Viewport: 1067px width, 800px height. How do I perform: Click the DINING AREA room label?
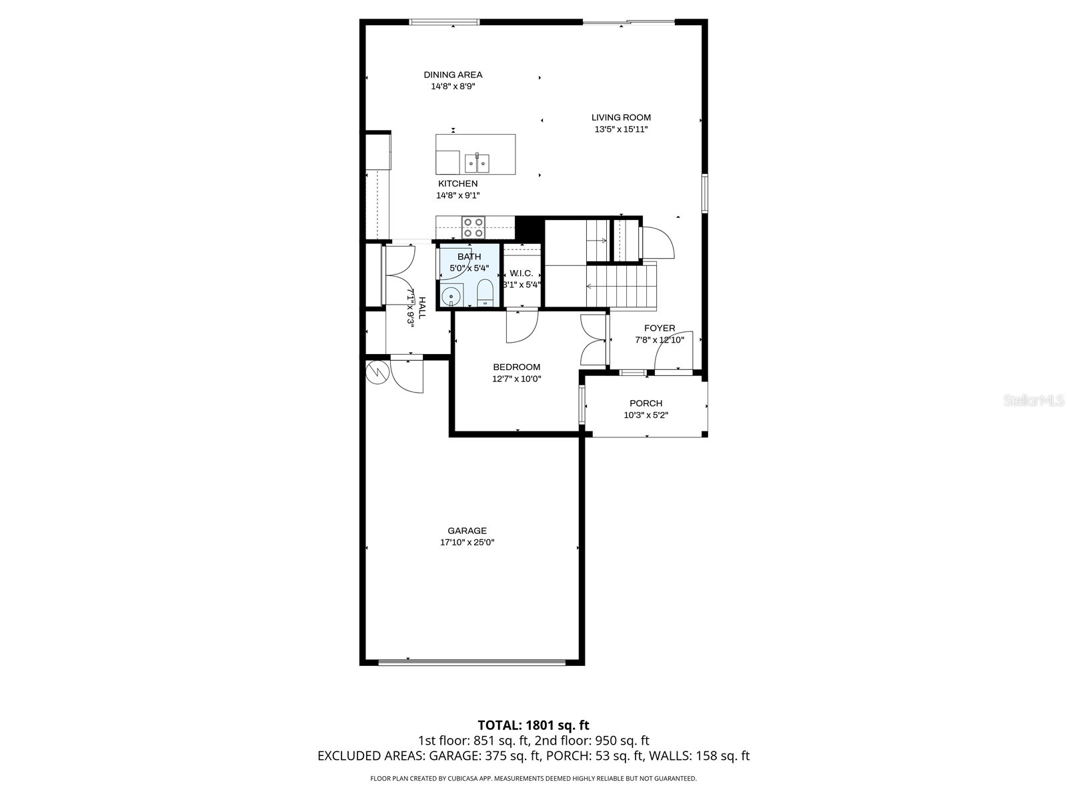pyautogui.click(x=453, y=75)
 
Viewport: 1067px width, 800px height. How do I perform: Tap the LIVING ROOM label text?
pyautogui.click(x=621, y=117)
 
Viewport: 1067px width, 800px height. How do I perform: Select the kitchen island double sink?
pyautogui.click(x=477, y=162)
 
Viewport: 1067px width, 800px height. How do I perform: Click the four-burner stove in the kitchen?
pyautogui.click(x=473, y=227)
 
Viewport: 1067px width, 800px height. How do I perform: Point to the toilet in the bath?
pyautogui.click(x=485, y=293)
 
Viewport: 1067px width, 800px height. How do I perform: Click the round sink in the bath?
pyautogui.click(x=452, y=294)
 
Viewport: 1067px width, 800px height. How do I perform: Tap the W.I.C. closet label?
pyautogui.click(x=521, y=273)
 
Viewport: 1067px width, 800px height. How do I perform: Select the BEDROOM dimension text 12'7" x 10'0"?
pyautogui.click(x=516, y=379)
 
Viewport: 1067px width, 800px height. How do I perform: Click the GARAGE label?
pyautogui.click(x=467, y=531)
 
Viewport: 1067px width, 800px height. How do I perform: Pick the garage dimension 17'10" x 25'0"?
pyautogui.click(x=467, y=542)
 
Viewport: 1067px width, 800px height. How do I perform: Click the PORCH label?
pyautogui.click(x=646, y=403)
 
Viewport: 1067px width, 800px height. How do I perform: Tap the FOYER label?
pyautogui.click(x=659, y=328)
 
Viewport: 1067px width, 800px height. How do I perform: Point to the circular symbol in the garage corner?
pyautogui.click(x=377, y=373)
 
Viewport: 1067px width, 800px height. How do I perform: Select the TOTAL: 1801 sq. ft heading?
pyautogui.click(x=533, y=725)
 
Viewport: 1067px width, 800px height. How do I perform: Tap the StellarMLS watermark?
pyautogui.click(x=1034, y=401)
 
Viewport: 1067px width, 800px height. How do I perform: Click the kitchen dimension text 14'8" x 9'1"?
pyautogui.click(x=457, y=195)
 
